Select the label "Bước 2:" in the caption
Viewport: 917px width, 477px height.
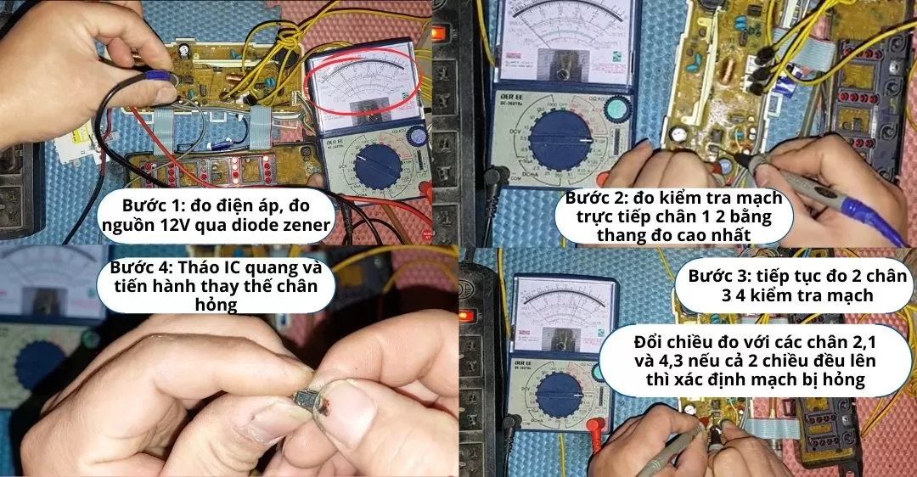[x=599, y=198]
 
